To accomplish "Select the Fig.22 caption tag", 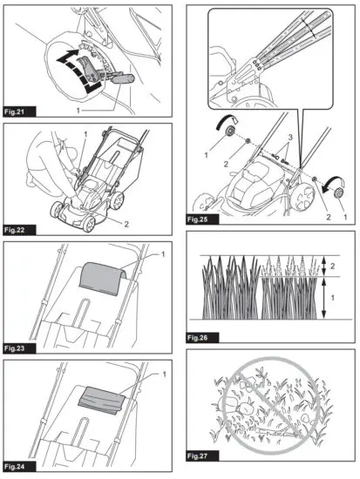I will point(17,231).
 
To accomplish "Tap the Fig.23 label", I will point(17,347).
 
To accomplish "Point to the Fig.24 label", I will point(17,464).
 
